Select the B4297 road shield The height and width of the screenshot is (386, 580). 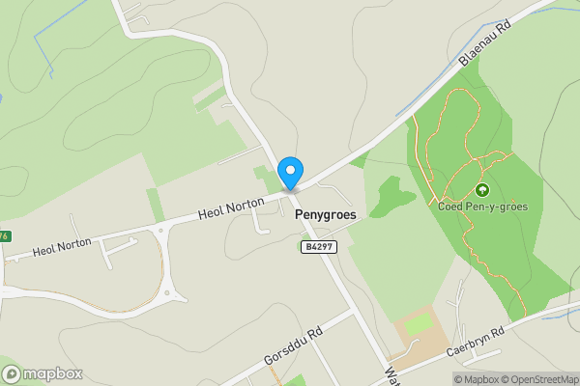318,247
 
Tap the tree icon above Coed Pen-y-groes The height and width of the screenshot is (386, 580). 481,189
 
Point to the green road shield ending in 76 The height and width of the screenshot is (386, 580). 4,236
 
